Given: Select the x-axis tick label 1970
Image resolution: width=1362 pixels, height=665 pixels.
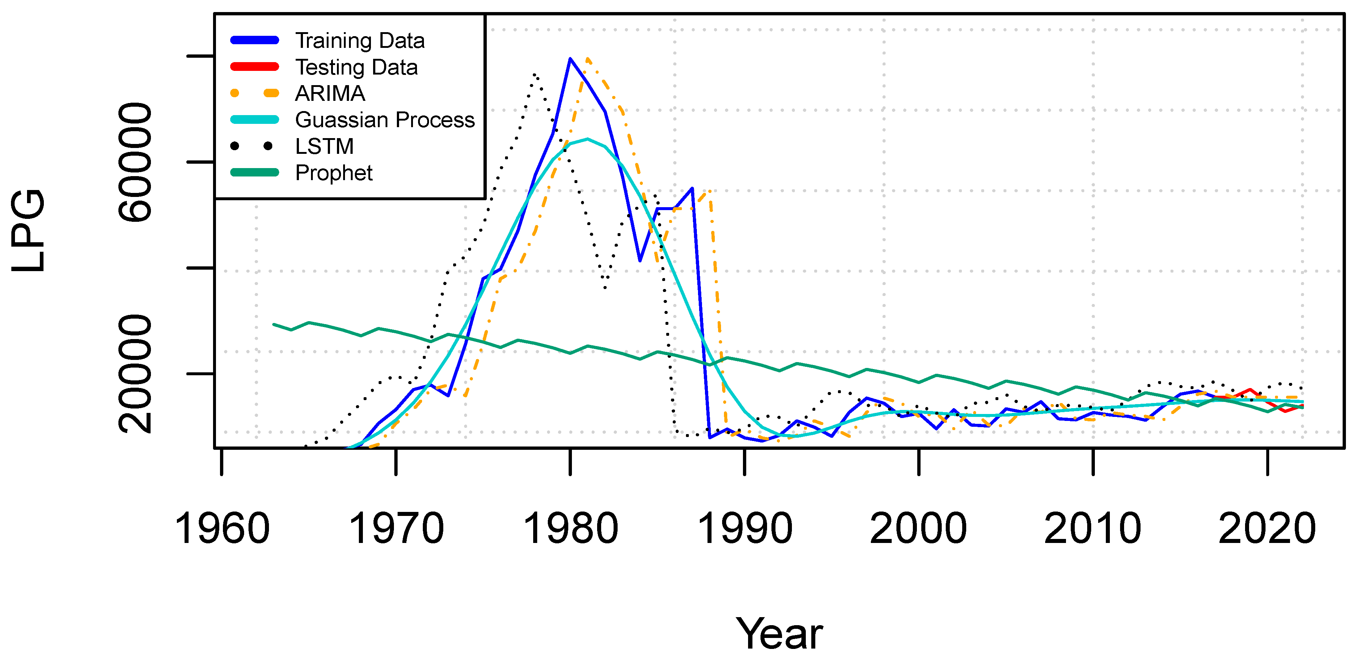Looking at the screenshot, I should [396, 529].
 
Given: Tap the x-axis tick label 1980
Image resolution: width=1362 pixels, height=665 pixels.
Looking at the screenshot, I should [570, 529].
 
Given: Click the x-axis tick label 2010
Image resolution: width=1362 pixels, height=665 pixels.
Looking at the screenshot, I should [1093, 529].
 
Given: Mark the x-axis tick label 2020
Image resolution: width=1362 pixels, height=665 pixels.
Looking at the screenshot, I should [1267, 529].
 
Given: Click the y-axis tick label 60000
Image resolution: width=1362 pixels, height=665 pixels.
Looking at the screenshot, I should [135, 162].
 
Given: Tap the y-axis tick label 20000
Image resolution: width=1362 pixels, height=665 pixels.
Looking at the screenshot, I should [135, 374].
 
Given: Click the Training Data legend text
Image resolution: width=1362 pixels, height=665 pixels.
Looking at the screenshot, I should [360, 41].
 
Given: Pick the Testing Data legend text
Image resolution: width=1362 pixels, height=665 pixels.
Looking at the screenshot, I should [356, 67].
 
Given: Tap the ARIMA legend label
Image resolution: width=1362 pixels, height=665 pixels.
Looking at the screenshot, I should [330, 94].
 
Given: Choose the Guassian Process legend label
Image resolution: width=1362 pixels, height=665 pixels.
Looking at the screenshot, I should [385, 120].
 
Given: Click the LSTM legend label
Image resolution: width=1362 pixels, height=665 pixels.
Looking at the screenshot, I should [324, 147].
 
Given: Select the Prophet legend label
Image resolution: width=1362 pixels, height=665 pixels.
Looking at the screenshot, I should [334, 173].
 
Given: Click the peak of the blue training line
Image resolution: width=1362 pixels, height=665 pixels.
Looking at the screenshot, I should [570, 59].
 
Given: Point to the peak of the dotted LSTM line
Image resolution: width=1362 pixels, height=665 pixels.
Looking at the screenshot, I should [535, 75].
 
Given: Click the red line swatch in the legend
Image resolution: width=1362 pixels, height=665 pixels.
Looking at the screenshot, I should [254, 66].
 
